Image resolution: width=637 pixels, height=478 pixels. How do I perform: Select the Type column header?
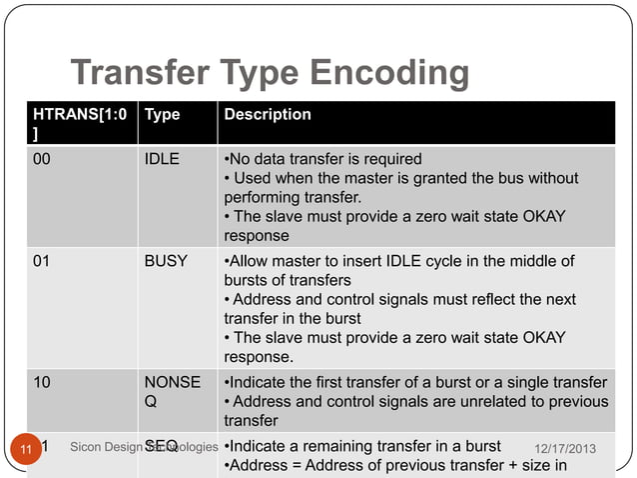(163, 115)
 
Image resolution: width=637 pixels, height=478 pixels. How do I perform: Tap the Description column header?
(267, 115)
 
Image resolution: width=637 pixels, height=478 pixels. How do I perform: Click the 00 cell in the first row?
(44, 159)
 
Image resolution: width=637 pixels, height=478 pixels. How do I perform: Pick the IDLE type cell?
(162, 159)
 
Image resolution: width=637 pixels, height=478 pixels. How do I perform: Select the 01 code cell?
(44, 261)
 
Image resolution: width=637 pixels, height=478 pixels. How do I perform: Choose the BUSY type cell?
(166, 261)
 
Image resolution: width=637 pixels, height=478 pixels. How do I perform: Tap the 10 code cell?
(44, 382)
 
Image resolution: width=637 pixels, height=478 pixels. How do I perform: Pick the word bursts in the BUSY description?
(247, 280)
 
